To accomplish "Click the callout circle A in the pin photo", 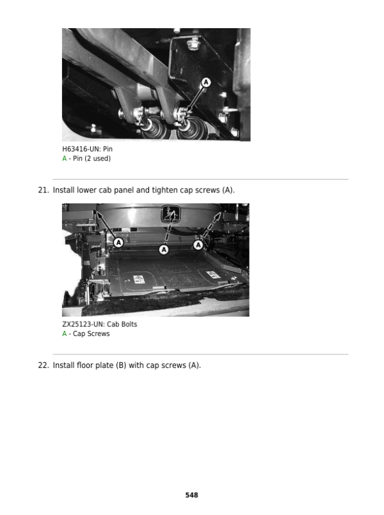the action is [x=206, y=82].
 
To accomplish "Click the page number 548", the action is [x=191, y=495].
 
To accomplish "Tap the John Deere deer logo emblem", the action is [x=171, y=214].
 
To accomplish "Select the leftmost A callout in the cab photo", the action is [x=118, y=243].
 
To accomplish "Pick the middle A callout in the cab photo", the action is [x=164, y=250].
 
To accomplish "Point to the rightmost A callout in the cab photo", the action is [x=198, y=245].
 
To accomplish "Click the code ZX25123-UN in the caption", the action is [x=83, y=324].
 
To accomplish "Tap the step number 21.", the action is [x=44, y=190].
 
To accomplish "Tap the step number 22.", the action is [x=44, y=365].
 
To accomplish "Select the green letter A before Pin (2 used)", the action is [x=65, y=158].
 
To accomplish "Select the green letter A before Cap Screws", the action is [x=65, y=334].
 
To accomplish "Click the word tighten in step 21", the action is [x=164, y=190].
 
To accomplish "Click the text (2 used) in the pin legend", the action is [x=97, y=158].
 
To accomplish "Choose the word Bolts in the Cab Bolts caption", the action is [x=129, y=324].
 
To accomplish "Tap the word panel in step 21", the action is [x=124, y=190].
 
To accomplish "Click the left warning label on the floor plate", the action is [x=139, y=280].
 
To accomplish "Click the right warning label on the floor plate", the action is [x=212, y=274].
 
